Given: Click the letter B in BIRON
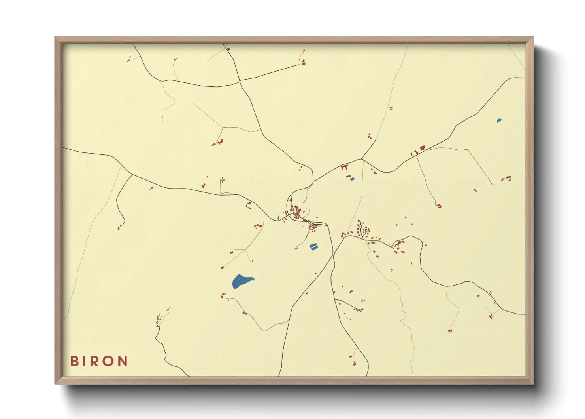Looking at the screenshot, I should click(75, 361).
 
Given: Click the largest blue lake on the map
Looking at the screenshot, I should click(241, 281).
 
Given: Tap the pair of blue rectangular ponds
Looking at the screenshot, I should click(314, 247).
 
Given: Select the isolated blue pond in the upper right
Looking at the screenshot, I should click(499, 120).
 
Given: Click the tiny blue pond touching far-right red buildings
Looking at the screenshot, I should click(510, 180).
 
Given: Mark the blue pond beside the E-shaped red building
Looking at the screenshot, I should click(352, 179).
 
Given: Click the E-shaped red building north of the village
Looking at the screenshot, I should click(344, 168).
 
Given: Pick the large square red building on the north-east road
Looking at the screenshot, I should click(422, 148).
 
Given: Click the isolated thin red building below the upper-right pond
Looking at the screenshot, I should click(475, 190).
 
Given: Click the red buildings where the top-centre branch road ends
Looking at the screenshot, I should click(303, 62).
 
